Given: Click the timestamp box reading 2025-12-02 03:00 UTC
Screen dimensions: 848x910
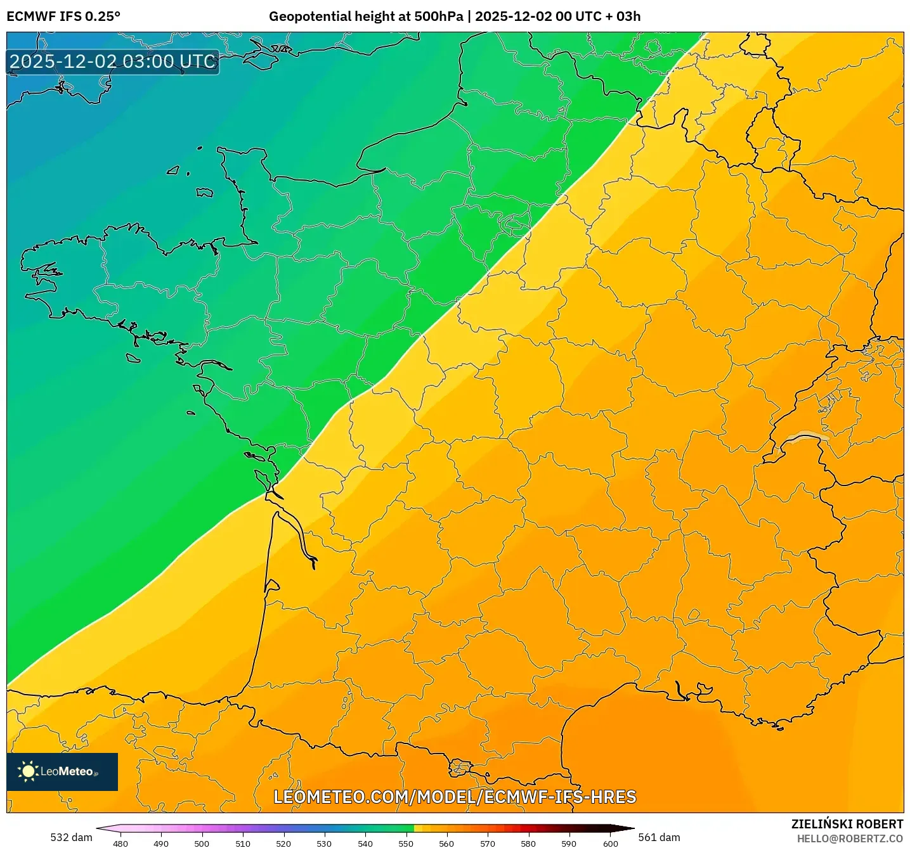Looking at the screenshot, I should click(x=113, y=62).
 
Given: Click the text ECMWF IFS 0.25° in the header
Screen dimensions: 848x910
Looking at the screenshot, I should click(x=63, y=16).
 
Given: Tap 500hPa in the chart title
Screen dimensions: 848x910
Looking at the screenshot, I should click(x=438, y=16).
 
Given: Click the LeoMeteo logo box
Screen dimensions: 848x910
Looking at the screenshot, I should click(x=62, y=771).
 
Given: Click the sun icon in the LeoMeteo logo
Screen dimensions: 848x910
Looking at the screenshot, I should click(x=28, y=771).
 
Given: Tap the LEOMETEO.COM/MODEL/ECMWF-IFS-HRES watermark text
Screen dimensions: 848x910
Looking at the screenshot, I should click(x=455, y=797).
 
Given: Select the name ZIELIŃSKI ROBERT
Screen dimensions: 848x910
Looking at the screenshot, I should click(x=847, y=824).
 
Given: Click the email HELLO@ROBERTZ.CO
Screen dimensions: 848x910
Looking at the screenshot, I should click(x=850, y=838).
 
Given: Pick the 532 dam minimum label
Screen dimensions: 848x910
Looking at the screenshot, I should click(x=71, y=837).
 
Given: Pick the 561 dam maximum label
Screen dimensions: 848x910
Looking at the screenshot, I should click(x=659, y=837).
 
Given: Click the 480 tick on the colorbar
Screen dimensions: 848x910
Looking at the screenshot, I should click(x=120, y=844).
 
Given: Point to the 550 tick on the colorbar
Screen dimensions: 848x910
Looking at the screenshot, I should click(x=406, y=844).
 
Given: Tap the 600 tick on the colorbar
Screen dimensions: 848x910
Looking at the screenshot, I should click(x=610, y=844).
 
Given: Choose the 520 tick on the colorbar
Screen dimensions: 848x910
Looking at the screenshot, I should click(x=283, y=844).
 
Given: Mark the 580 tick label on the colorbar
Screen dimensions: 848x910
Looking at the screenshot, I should click(x=528, y=844).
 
